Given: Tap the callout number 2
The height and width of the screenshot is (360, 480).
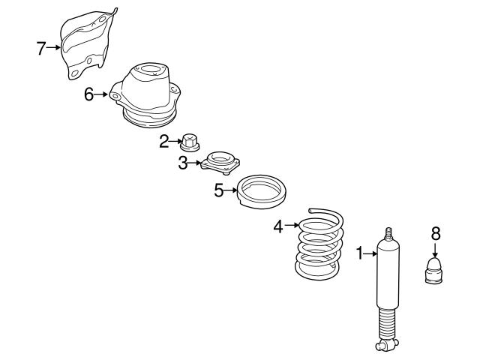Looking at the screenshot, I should (x=163, y=141).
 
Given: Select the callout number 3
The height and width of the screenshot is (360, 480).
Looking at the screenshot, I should (x=182, y=163).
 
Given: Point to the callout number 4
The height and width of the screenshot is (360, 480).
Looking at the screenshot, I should (x=278, y=224).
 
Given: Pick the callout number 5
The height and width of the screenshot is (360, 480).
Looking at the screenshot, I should (x=218, y=190).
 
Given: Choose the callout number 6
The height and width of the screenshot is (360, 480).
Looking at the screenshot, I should (x=88, y=95).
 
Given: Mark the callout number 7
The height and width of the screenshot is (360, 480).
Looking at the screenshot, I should (x=41, y=49).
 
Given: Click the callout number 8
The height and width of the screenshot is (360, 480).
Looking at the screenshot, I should (x=436, y=233).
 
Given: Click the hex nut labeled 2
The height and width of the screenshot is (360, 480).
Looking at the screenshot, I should (x=189, y=140).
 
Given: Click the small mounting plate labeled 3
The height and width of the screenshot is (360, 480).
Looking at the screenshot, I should (x=217, y=162).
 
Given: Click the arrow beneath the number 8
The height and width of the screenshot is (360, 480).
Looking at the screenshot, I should (x=436, y=250).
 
